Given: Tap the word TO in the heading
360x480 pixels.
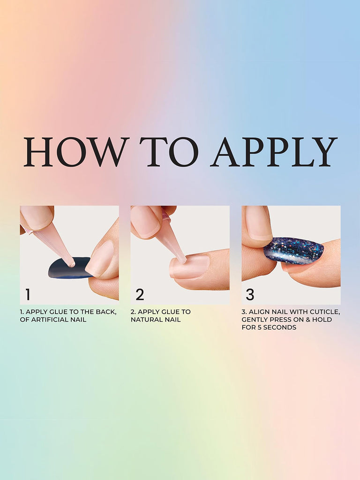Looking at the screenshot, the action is point(169,152).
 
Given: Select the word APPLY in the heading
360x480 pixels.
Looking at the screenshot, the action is point(274,152).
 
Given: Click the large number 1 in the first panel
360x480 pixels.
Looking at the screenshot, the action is point(28,294).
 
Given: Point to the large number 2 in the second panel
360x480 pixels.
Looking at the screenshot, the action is point(140,294).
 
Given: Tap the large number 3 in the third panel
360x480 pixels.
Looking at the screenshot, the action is point(250,294).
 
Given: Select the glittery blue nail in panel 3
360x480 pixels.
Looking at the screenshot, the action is point(293,250).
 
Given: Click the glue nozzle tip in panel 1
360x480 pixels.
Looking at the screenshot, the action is point(72,264).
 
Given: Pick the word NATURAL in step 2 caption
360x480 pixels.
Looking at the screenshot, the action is point(146,320).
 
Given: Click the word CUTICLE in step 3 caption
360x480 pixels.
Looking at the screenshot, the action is point(325,312).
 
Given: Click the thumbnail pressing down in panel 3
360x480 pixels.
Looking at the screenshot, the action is point(257,223).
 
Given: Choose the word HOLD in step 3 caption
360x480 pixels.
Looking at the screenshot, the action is point(323,320).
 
